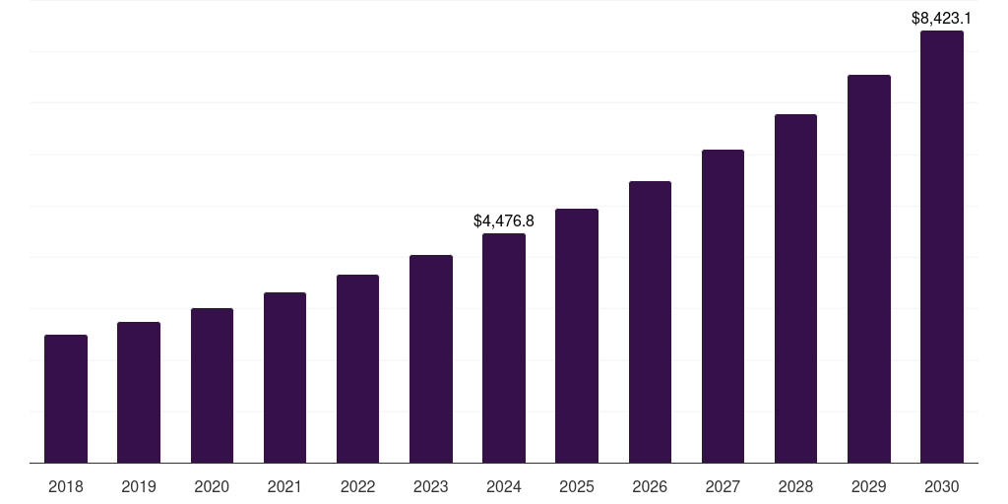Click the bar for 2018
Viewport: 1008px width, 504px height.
click(66, 399)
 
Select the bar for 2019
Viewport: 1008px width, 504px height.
click(139, 392)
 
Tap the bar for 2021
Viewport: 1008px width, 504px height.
click(284, 377)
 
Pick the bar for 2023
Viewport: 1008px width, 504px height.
click(431, 358)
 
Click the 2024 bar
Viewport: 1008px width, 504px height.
click(504, 347)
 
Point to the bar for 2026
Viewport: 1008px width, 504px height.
click(650, 322)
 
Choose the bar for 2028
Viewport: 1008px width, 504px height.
click(795, 288)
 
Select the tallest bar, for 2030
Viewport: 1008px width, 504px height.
click(942, 246)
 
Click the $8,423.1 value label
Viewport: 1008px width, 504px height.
click(942, 18)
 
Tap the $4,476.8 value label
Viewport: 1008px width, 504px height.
click(504, 220)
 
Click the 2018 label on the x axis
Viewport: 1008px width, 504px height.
click(66, 487)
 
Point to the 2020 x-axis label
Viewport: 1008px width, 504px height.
click(212, 487)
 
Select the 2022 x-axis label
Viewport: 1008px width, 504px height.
click(357, 487)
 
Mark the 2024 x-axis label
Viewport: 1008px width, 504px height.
click(504, 487)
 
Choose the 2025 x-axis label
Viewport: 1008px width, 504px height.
click(577, 487)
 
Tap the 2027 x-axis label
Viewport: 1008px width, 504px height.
click(723, 487)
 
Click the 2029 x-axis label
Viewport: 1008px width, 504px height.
click(868, 487)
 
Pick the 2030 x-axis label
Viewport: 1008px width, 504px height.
click(942, 487)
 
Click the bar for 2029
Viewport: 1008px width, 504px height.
click(868, 269)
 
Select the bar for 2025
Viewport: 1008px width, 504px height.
click(577, 336)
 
